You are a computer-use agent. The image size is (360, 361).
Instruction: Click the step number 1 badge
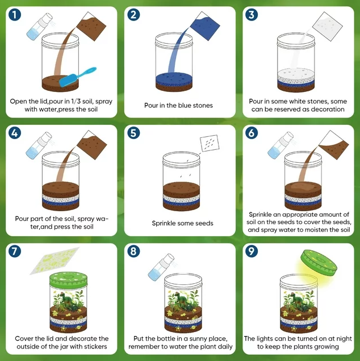click(x=15, y=15)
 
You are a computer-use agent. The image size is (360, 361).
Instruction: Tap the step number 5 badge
click(x=133, y=133)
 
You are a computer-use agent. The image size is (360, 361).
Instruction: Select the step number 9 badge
click(x=252, y=251)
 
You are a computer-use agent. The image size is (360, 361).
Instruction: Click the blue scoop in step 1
click(x=77, y=77)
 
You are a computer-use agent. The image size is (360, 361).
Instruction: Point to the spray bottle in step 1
click(x=40, y=27)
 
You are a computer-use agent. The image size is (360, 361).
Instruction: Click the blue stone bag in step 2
click(x=204, y=26)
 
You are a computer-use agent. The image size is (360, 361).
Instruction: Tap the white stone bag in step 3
click(x=327, y=27)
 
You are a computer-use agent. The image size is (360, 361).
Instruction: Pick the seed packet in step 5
click(x=210, y=143)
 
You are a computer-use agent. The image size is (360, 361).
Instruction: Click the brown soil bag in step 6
click(x=334, y=145)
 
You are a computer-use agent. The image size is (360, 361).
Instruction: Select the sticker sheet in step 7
click(x=55, y=261)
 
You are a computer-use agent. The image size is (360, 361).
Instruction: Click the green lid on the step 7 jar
click(x=68, y=279)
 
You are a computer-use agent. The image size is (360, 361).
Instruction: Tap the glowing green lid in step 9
click(x=319, y=263)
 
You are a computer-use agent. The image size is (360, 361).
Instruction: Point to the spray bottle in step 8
click(x=161, y=267)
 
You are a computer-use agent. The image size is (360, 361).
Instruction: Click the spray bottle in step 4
click(x=39, y=145)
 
